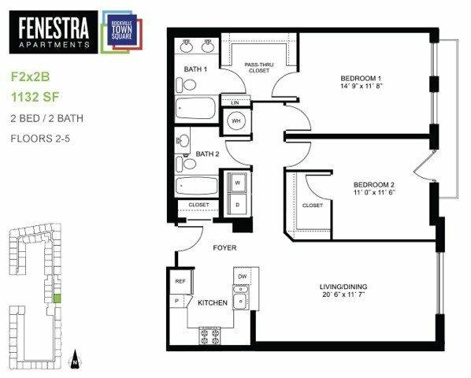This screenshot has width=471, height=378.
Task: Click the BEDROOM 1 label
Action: pos(361,78)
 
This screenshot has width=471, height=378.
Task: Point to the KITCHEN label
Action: pos(212,302)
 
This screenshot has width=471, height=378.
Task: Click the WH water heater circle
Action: pos(236,121)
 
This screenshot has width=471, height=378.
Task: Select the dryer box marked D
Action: pos(235,204)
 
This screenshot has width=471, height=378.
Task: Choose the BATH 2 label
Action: pos(206,154)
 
